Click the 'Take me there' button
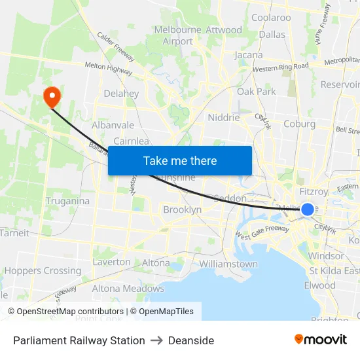point(180,160)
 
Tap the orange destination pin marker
point(51,97)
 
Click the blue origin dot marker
point(307,209)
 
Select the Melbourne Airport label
point(178,35)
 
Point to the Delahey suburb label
point(121,94)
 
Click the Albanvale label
point(113,125)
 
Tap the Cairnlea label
point(132,141)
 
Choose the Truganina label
point(67,201)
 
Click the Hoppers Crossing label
point(43,270)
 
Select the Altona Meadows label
point(128,288)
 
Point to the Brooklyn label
point(182,209)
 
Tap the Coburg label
point(299,124)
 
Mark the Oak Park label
point(257,92)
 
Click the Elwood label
point(319,285)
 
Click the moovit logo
point(320,339)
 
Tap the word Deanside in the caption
point(190,340)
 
